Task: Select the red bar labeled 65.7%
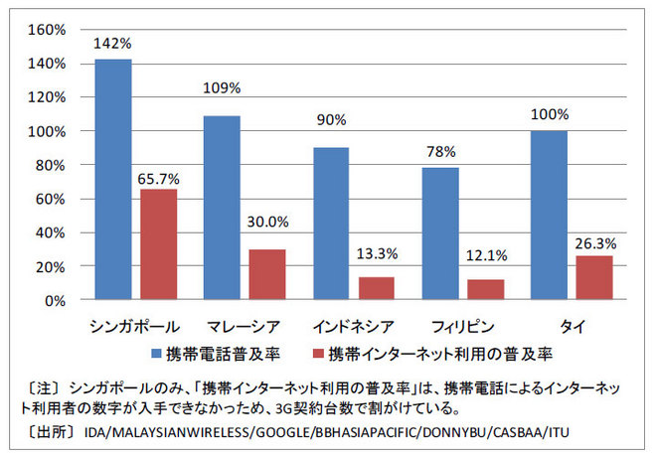[x=159, y=243]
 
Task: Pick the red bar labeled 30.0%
[x=267, y=273]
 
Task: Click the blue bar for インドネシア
[x=331, y=224]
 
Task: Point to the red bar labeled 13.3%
[x=377, y=288]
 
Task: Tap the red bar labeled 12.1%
[x=486, y=289]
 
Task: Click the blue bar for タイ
[x=550, y=215]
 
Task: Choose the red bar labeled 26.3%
[x=594, y=277]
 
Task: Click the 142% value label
[x=113, y=44]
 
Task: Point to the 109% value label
[x=223, y=88]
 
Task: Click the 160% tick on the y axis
[x=48, y=30]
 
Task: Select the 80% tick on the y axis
[x=52, y=165]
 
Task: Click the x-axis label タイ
[x=572, y=324]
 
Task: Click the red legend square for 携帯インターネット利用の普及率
[x=318, y=353]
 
